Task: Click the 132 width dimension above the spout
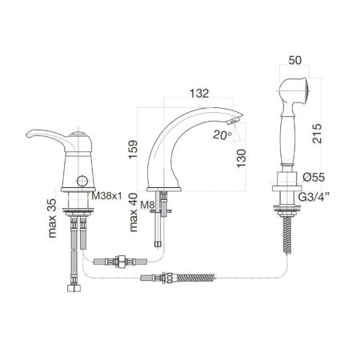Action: [199, 94]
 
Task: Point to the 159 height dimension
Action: [134, 150]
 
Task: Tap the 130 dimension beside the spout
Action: [242, 158]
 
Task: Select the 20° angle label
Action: [222, 135]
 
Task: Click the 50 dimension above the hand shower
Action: [295, 60]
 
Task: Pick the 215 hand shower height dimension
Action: [317, 134]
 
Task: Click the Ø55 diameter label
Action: [314, 177]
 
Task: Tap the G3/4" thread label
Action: [314, 198]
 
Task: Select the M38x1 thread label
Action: [106, 196]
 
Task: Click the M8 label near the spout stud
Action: [147, 205]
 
